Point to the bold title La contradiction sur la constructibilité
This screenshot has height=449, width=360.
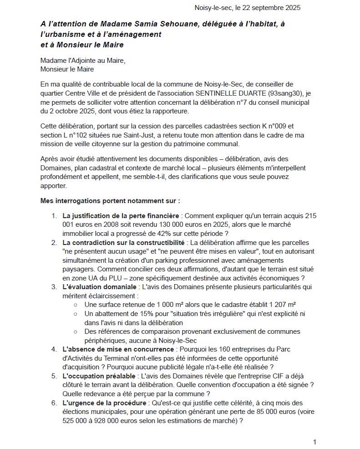(124, 243)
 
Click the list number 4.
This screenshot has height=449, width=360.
(53, 349)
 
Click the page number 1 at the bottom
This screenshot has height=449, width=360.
(314, 441)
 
